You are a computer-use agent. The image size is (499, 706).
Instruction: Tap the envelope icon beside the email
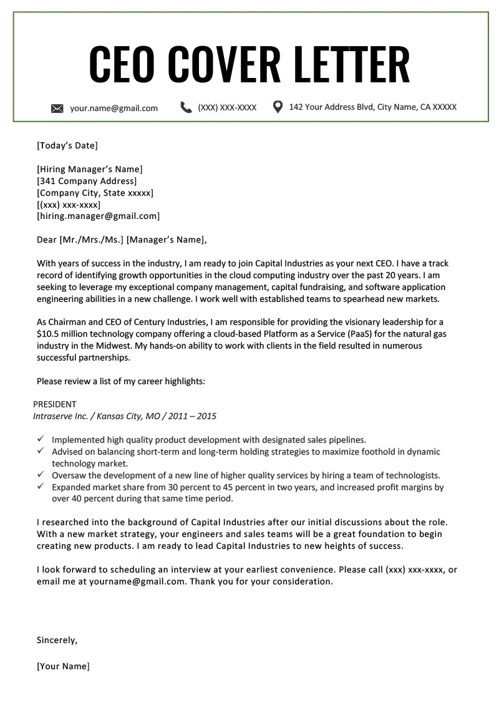(57, 109)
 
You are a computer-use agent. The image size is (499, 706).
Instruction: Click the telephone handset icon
(186, 107)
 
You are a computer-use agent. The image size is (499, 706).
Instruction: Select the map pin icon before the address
(278, 107)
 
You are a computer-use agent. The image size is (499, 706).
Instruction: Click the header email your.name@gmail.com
(114, 108)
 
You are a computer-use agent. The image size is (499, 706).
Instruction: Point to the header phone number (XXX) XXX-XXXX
(227, 107)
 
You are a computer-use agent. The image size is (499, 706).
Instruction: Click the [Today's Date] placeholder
(67, 146)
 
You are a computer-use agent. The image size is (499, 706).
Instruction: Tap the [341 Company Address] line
(87, 181)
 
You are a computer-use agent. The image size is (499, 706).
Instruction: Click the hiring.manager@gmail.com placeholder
(99, 216)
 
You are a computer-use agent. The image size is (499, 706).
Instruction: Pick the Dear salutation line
(122, 239)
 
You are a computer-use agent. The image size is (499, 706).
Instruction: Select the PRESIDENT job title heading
(55, 404)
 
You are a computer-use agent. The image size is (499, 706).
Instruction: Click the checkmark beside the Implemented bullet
(41, 439)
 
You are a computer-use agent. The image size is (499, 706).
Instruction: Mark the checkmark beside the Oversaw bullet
(41, 475)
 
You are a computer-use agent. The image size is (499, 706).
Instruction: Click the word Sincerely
(57, 640)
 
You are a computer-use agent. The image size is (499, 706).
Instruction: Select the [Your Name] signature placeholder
(63, 666)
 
